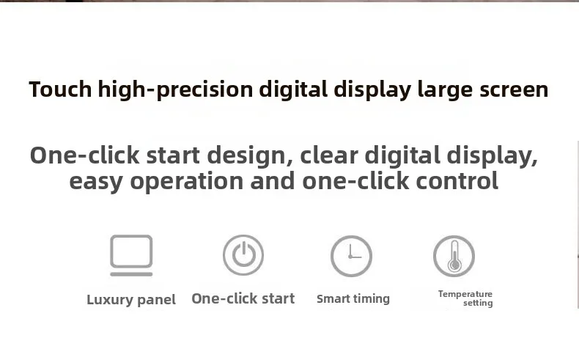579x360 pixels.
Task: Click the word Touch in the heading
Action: tap(60, 89)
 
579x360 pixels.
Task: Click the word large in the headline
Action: tap(445, 90)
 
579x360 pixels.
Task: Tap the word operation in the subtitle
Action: tap(187, 182)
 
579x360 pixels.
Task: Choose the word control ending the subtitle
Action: tap(457, 181)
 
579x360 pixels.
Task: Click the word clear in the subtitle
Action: tap(329, 155)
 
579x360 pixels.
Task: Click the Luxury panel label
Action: tap(131, 300)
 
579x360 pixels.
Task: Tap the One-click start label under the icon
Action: tap(243, 298)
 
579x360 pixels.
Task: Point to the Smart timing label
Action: tap(353, 299)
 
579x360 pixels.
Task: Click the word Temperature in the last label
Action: tap(465, 294)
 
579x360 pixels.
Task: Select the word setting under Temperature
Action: tap(478, 303)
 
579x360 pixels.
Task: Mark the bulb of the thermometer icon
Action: tap(454, 265)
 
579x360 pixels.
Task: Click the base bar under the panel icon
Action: tap(131, 274)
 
